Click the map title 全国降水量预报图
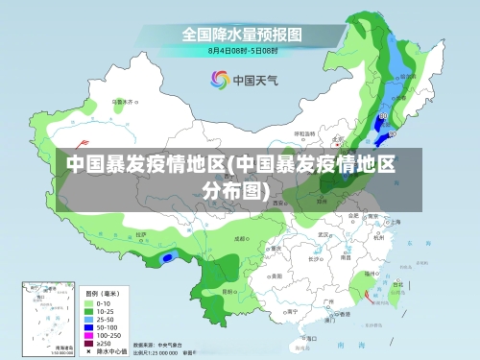[x=243, y=33]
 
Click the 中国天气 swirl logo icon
[x=219, y=81]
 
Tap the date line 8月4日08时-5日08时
[x=243, y=49]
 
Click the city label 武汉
[x=324, y=233]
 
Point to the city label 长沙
[x=314, y=258]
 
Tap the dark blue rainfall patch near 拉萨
[x=168, y=257]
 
